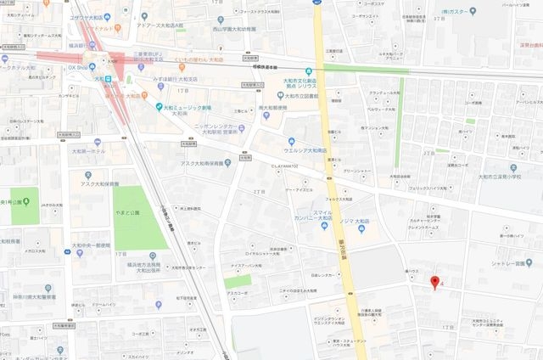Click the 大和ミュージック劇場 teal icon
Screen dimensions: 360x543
click(x=159, y=106)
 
